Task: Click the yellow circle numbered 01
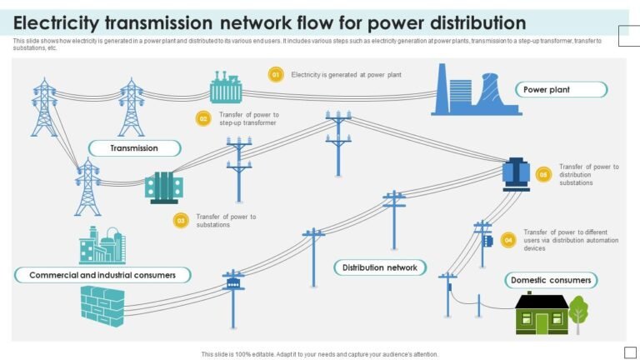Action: (276, 75)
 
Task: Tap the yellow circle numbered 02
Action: (202, 118)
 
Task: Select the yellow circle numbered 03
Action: (181, 221)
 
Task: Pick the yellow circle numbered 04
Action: (508, 240)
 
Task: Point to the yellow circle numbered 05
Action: (543, 175)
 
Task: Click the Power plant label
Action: (559, 89)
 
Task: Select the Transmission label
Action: (134, 148)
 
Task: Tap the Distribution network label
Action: (381, 267)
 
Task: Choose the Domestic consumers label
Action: (551, 280)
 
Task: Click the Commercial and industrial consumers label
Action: (102, 275)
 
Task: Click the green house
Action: (542, 314)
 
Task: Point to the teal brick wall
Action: (102, 306)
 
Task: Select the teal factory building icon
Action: (102, 245)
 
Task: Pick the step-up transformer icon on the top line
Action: (225, 87)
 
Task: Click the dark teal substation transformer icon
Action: (163, 187)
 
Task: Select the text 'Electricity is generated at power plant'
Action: (346, 75)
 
